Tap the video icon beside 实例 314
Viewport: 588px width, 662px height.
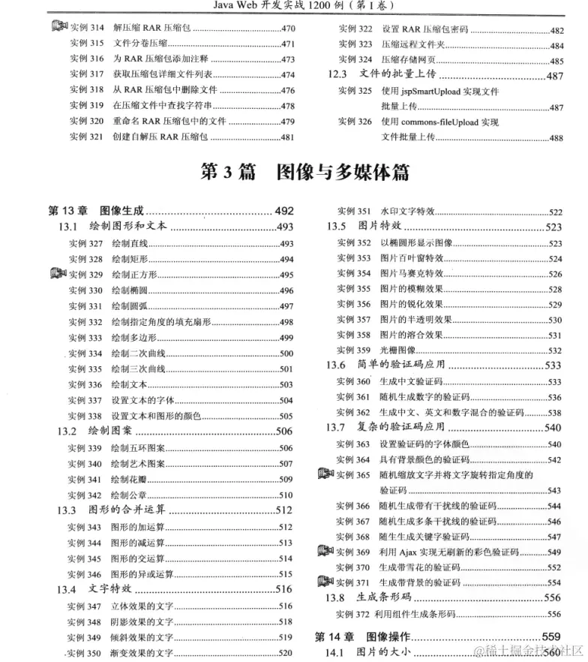(59, 28)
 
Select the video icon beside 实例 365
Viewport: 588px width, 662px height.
(325, 474)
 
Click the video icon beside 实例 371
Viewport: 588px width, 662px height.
(325, 581)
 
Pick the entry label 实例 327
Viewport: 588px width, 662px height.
(85, 243)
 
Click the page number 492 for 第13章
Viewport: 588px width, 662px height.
(284, 210)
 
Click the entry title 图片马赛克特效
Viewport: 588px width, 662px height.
(412, 273)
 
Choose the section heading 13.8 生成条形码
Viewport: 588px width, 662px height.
(368, 597)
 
